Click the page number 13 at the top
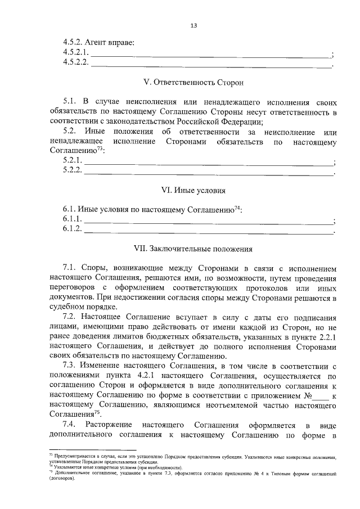coord(193,25)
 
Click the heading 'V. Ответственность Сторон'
coord(193,83)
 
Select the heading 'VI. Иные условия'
coord(193,190)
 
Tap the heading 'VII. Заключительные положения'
coord(193,247)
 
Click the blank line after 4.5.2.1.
coord(211,55)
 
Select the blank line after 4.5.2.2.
coord(211,65)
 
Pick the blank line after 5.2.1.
coord(208,163)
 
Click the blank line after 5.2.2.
coord(208,173)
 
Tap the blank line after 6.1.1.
coord(208,220)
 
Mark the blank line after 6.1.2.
coord(208,230)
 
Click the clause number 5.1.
coord(70,102)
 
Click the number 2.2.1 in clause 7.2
coord(327,337)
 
